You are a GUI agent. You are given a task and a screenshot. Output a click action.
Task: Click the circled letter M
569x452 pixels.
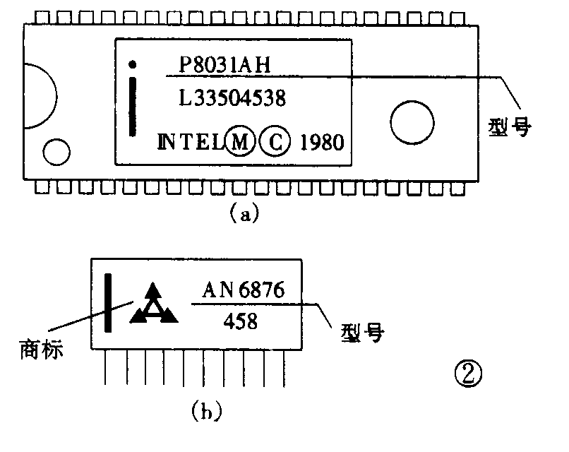(x=240, y=142)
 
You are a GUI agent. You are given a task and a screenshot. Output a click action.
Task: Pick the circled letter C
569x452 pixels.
(x=274, y=142)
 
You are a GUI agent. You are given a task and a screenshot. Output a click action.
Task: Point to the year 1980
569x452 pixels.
(x=321, y=142)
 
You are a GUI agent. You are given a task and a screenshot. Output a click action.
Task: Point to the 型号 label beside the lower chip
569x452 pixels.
(x=361, y=332)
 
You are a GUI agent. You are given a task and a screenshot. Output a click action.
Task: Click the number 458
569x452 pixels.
(x=240, y=322)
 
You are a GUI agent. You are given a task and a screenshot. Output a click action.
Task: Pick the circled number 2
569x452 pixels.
(x=467, y=372)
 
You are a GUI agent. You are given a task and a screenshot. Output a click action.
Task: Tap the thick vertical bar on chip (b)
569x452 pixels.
(x=109, y=302)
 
